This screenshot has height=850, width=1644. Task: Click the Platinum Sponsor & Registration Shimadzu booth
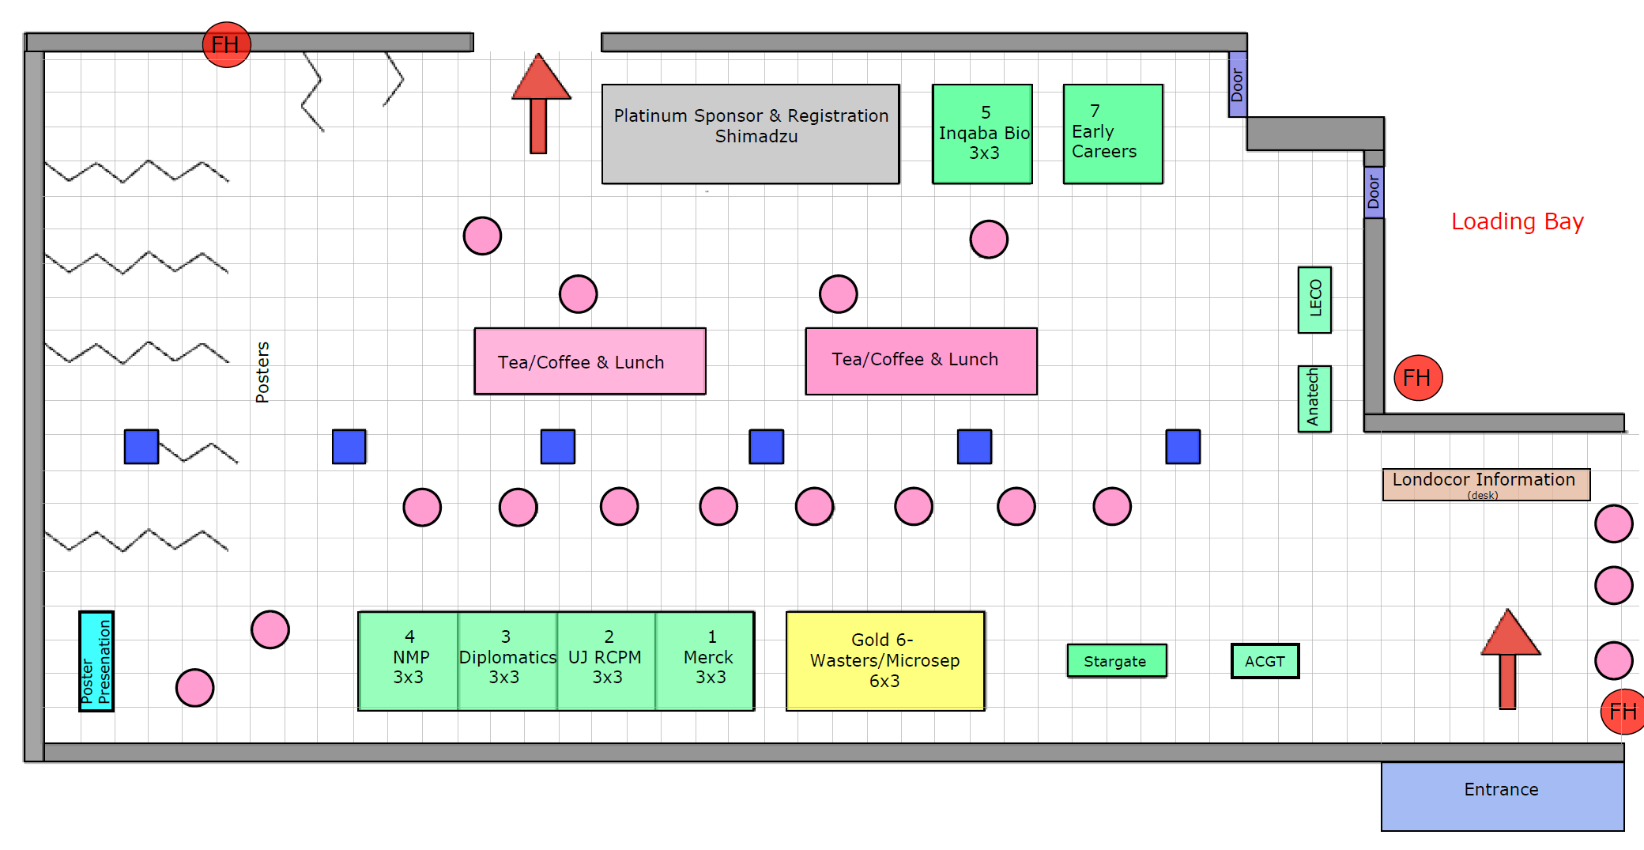coord(750,134)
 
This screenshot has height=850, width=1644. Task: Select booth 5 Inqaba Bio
coord(982,134)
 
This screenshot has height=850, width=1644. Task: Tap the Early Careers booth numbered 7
coord(1113,134)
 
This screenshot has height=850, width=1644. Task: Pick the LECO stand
coord(1314,300)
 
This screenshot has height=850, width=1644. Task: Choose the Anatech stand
coord(1314,399)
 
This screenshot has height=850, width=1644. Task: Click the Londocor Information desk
coord(1486,485)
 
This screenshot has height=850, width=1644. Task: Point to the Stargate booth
coord(1116,661)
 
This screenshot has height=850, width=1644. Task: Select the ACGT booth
coord(1265,661)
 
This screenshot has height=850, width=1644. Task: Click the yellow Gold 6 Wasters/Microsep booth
coord(885,661)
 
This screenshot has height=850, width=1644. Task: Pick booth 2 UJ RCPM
coord(606,661)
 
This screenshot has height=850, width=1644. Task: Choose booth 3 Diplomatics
coord(507,661)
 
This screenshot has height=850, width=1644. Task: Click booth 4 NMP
coord(409,661)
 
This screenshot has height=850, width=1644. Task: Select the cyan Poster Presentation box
coord(96,661)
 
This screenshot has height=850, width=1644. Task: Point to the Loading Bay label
coord(1517,221)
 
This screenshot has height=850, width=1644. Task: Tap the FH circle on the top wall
coord(227,44)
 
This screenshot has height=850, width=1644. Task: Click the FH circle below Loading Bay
coord(1418,378)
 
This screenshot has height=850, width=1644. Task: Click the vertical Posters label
coord(262,372)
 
